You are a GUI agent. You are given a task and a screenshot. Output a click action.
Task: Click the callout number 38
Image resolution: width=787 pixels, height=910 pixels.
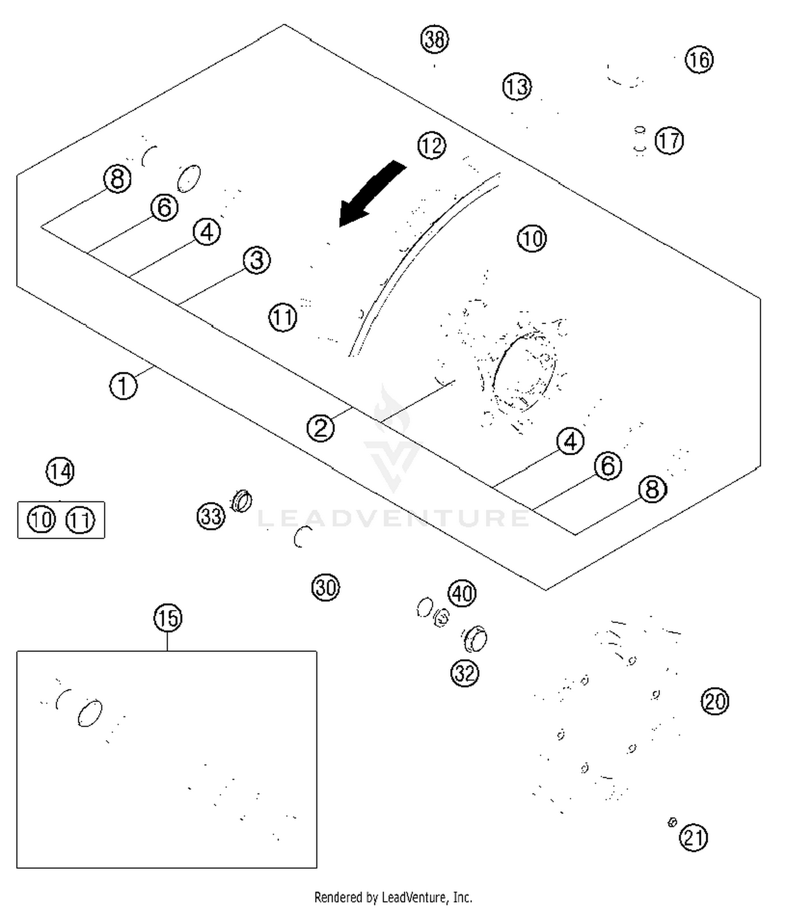434,39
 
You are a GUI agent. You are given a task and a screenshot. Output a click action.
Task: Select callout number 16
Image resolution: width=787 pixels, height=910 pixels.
699,60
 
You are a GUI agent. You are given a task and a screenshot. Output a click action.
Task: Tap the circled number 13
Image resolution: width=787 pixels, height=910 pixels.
517,87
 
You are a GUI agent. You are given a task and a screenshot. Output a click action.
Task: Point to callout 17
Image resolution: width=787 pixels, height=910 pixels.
669,141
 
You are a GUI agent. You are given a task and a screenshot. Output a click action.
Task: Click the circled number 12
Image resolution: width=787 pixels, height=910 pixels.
432,145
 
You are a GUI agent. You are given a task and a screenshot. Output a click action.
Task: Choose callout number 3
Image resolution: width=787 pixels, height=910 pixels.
257,260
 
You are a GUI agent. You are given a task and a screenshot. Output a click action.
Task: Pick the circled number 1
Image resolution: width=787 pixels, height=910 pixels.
123,386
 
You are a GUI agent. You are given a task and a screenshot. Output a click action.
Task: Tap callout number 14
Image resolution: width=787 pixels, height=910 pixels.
60,471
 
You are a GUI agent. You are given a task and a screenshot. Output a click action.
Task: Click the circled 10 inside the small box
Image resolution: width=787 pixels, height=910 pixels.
41,520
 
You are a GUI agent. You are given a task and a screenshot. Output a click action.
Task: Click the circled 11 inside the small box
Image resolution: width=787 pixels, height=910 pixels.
80,520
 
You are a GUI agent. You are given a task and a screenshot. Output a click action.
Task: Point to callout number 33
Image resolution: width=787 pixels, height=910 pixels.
211,516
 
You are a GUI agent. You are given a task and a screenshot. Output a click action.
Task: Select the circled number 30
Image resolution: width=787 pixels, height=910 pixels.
325,587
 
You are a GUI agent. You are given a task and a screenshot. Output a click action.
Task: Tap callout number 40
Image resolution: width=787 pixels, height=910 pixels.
462,594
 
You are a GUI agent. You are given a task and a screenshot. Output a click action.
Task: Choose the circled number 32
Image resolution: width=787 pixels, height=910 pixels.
465,673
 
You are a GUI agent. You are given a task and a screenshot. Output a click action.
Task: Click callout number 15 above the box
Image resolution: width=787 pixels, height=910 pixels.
168,618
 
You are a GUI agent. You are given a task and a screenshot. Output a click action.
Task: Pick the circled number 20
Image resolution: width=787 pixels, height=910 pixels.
715,701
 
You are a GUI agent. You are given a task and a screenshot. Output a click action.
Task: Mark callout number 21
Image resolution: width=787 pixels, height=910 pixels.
693,838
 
